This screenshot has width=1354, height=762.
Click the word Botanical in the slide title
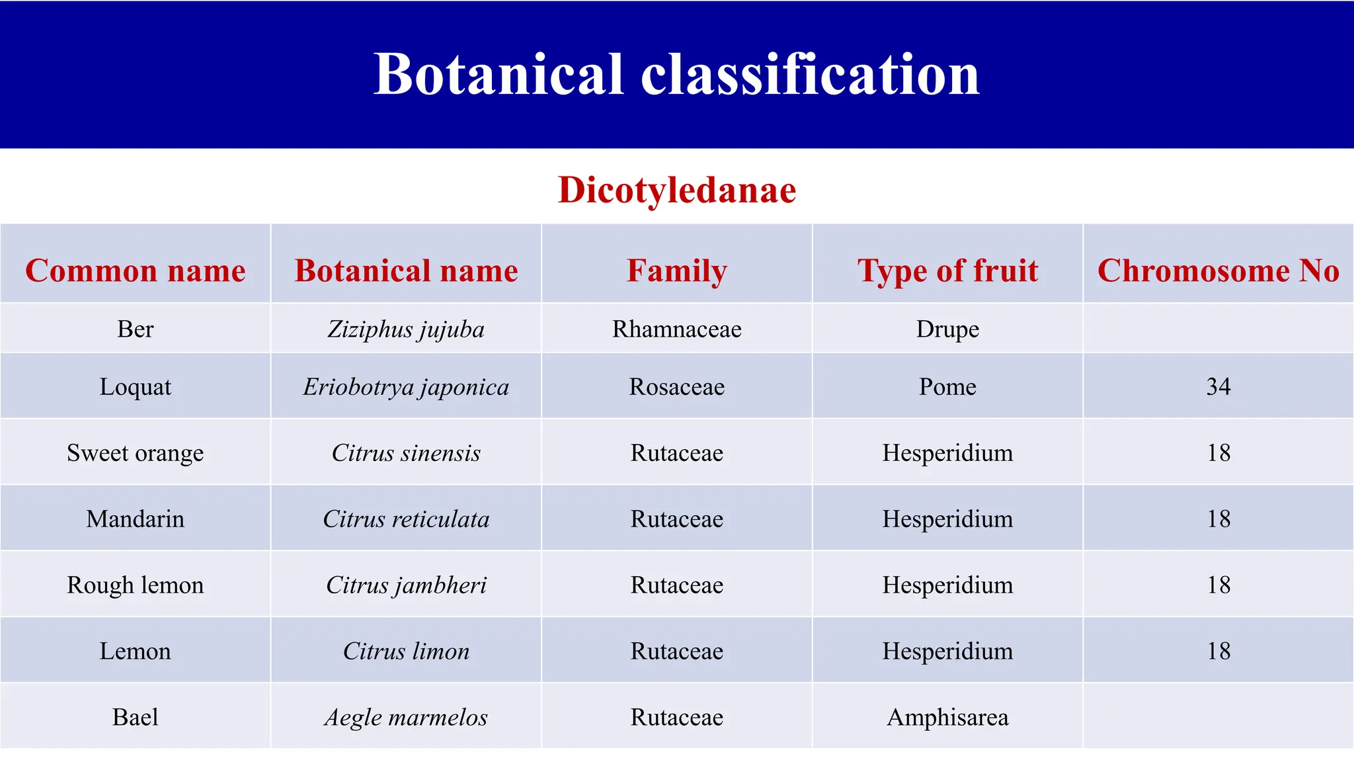[x=498, y=74]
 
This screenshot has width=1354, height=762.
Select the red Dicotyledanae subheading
[x=677, y=190]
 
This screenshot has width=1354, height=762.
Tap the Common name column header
[x=136, y=271]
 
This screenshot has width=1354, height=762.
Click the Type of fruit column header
[x=947, y=271]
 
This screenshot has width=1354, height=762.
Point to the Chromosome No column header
[x=1218, y=271]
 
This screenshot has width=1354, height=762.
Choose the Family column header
[x=677, y=271]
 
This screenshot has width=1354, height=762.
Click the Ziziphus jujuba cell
[x=406, y=329]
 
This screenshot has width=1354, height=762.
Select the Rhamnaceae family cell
[x=677, y=329]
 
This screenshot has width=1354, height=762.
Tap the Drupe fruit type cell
[x=947, y=329]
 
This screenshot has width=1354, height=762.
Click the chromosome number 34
[x=1218, y=386]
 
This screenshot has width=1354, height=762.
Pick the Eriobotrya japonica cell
[x=406, y=387]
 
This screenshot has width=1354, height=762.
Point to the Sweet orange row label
[x=136, y=453]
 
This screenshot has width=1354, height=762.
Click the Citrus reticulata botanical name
[x=406, y=519]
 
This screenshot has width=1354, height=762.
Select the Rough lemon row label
[x=136, y=585]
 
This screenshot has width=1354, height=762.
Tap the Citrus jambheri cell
[x=406, y=585]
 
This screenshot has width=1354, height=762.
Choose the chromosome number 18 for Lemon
[x=1218, y=652]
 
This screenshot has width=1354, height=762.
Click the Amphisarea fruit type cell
[x=947, y=718]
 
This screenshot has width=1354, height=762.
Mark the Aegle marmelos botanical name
[x=406, y=718]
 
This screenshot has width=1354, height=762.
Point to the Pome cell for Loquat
[x=947, y=387]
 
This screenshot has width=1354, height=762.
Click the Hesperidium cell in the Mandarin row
[x=947, y=519]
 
